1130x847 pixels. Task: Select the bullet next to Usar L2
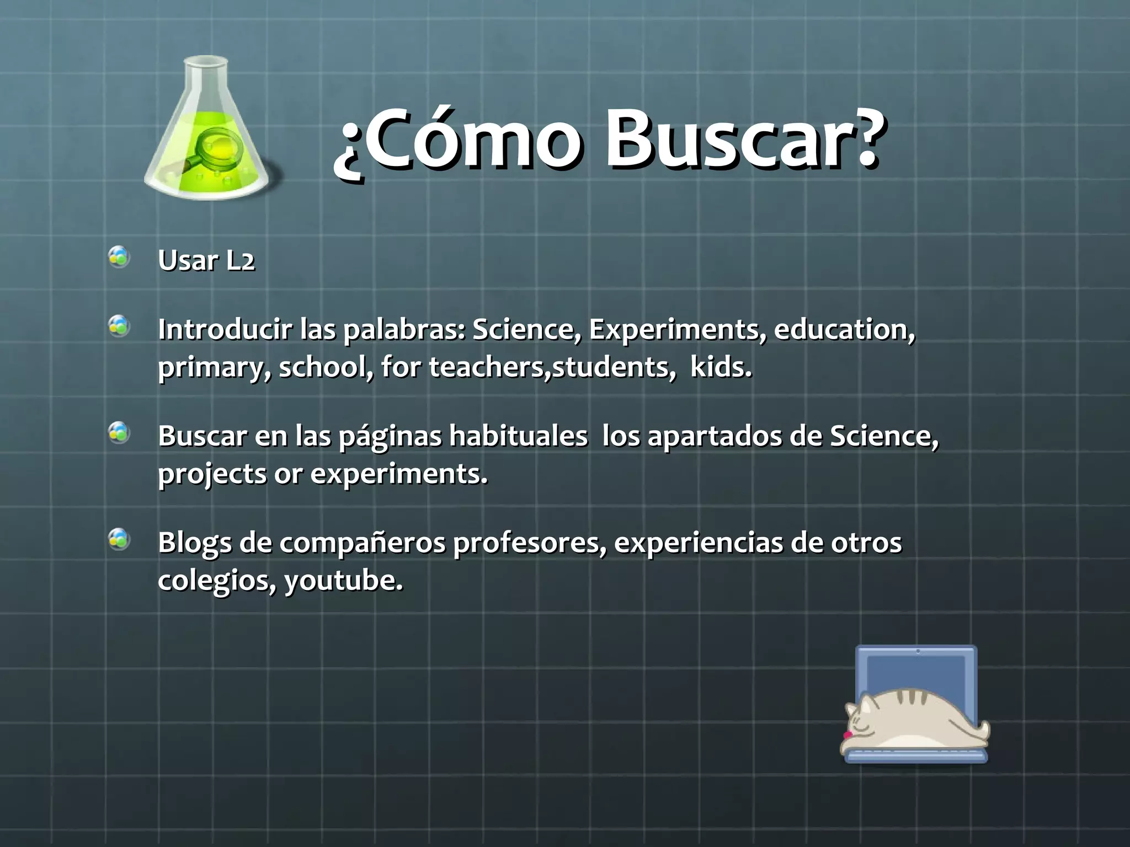pos(119,258)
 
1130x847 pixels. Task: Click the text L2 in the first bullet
pos(241,261)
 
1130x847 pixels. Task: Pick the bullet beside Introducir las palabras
pos(119,326)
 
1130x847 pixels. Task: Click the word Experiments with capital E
pos(677,330)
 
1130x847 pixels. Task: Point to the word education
pos(844,329)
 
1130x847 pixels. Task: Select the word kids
pos(721,367)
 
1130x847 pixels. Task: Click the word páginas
pos(390,437)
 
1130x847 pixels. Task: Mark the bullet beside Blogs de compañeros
pos(119,539)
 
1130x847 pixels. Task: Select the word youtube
pos(343,581)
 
